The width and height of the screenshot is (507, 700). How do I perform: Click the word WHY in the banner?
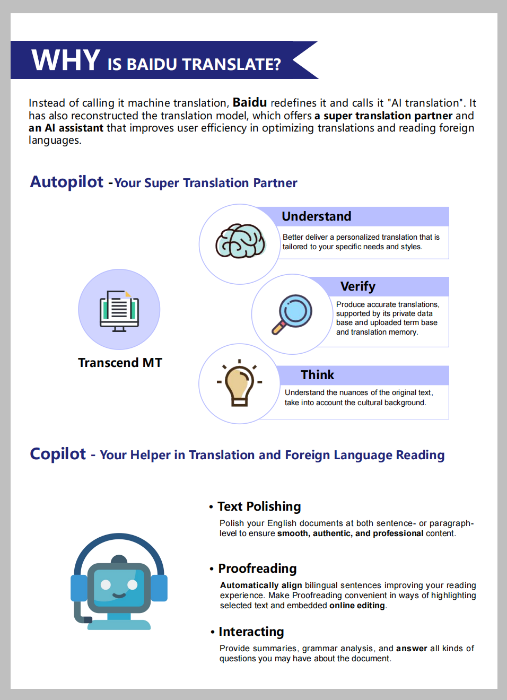pos(66,60)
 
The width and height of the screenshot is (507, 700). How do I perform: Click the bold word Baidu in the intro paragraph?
pos(249,102)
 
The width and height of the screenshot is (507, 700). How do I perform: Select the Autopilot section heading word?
pos(67,182)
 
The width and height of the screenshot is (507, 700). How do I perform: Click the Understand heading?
pos(316,216)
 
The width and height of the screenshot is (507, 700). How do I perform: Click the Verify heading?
pos(357,286)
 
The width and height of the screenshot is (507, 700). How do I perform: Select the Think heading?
pos(317,375)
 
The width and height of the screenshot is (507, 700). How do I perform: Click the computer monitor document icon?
pos(119,310)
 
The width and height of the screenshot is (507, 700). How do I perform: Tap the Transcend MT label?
pos(120,363)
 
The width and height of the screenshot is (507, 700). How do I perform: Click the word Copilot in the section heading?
pos(58,454)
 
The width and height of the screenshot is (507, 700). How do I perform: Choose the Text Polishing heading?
pos(259,506)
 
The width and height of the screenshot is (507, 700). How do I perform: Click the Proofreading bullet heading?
pos(257,568)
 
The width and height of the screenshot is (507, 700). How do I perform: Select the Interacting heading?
pos(251,632)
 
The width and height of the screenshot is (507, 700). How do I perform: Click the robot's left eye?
pos(106,584)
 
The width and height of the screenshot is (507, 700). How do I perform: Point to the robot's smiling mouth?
pos(119,595)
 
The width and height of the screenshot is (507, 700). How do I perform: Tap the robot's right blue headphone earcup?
pos(159,588)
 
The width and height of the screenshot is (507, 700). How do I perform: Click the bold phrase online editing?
pos(357,606)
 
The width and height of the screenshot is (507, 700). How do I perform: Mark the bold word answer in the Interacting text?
pos(411,648)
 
